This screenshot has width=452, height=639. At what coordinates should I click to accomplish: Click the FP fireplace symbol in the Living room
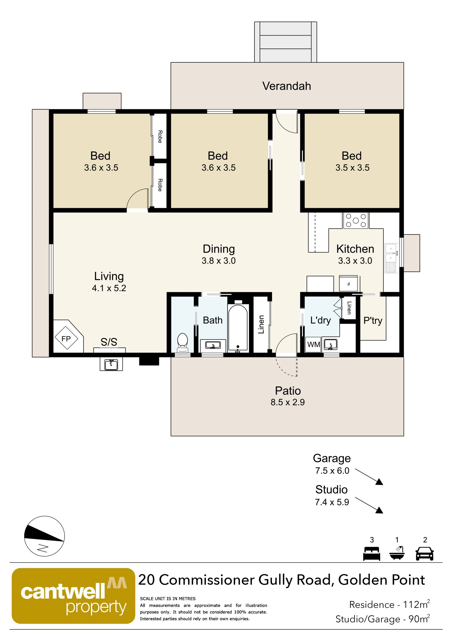66,338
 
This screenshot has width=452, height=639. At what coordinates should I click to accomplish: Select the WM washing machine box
313,345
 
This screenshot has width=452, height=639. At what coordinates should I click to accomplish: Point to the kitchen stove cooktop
355,221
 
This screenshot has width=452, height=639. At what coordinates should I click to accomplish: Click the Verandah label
287,86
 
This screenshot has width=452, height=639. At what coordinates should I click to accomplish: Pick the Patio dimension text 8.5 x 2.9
287,402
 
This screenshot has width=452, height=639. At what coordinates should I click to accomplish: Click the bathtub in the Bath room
238,328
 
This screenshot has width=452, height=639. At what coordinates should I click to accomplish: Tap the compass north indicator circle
44,536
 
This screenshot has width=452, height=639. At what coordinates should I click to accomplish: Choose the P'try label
373,321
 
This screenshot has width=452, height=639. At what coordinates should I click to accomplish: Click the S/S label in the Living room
109,342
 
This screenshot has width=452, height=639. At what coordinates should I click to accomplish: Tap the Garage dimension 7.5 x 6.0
332,471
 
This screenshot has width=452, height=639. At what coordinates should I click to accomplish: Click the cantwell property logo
73,596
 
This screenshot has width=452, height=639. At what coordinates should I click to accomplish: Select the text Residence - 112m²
389,604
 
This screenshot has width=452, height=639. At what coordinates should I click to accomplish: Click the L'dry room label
320,321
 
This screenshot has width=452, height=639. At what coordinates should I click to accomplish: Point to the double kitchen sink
391,258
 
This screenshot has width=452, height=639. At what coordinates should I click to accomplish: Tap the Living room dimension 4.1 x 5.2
109,288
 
